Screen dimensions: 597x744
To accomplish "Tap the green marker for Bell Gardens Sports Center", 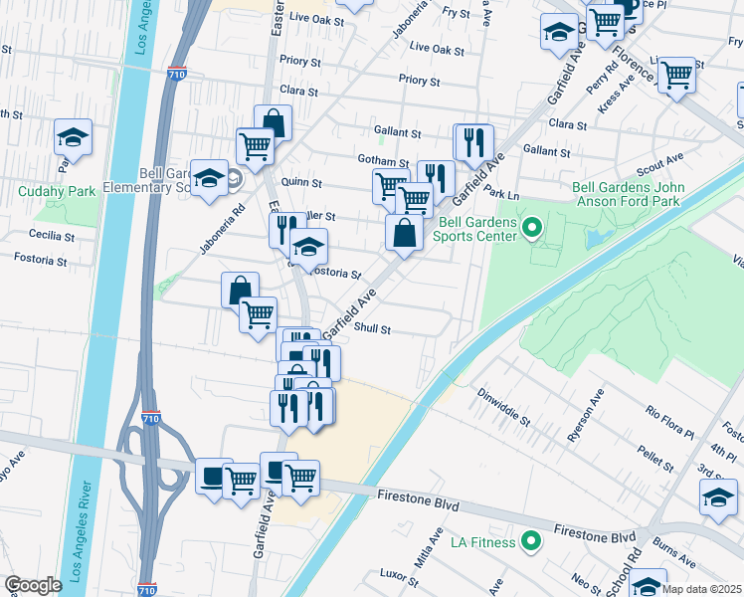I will (x=531, y=230).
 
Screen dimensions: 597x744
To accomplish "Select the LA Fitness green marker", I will (x=531, y=542).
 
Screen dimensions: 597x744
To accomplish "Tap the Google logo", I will (x=33, y=585).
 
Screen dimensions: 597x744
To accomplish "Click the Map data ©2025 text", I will (x=702, y=589).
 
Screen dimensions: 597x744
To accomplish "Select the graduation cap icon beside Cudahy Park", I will (x=73, y=137).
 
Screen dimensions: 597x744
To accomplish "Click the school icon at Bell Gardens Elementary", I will (x=210, y=178).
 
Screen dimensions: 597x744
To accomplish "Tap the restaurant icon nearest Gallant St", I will (x=474, y=141).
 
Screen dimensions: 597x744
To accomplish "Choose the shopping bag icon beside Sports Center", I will (x=405, y=234).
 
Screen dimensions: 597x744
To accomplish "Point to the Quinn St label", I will (x=302, y=183).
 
